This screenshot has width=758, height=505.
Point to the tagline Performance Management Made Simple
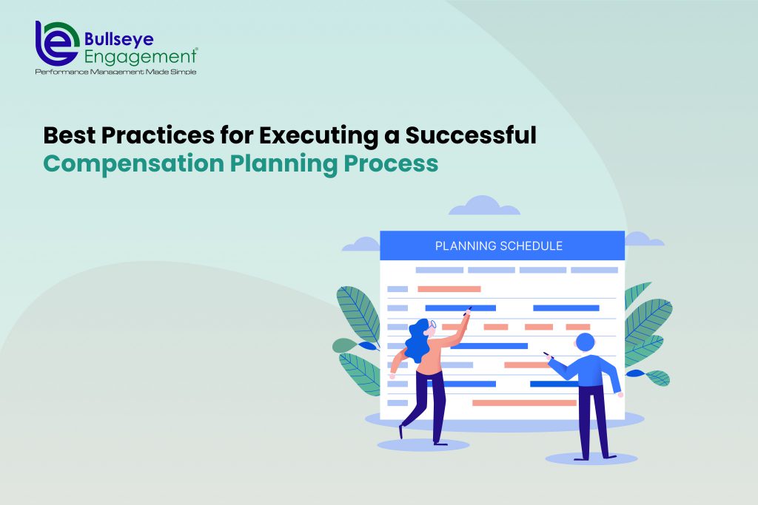(115, 72)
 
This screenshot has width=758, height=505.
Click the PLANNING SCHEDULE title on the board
(498, 245)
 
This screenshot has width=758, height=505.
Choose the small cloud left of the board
(361, 244)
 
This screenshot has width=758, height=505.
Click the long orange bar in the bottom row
(524, 403)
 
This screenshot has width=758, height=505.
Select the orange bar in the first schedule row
(449, 289)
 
